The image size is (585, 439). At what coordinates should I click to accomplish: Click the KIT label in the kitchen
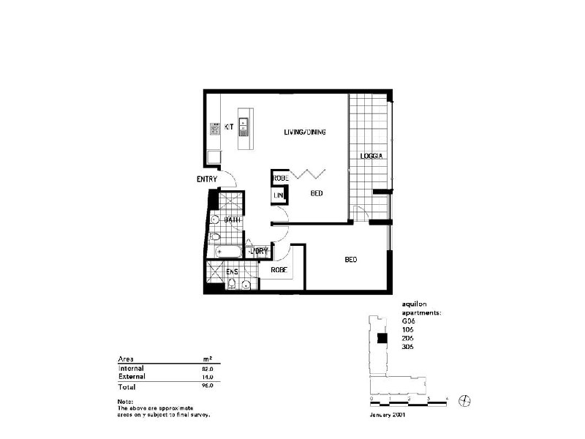pyautogui.click(x=228, y=127)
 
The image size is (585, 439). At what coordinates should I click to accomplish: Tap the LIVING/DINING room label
pyautogui.click(x=304, y=132)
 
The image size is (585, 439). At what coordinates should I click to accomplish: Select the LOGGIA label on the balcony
pyautogui.click(x=371, y=157)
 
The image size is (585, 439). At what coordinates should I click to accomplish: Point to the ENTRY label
pyautogui.click(x=207, y=179)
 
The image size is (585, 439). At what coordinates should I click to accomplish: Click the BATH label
pyautogui.click(x=233, y=219)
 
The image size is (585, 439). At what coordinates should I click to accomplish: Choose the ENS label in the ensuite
pyautogui.click(x=232, y=272)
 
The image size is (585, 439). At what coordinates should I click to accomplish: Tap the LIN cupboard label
pyautogui.click(x=279, y=196)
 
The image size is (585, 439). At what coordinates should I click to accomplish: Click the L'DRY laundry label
pyautogui.click(x=260, y=251)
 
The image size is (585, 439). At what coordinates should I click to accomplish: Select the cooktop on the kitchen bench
pyautogui.click(x=215, y=130)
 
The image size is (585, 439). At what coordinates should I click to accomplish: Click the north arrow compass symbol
pyautogui.click(x=465, y=399)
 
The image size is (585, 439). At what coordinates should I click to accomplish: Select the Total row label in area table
pyautogui.click(x=127, y=386)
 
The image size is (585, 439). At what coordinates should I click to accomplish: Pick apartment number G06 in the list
pyautogui.click(x=408, y=320)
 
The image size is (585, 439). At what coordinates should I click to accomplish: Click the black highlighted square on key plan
pyautogui.click(x=381, y=338)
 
